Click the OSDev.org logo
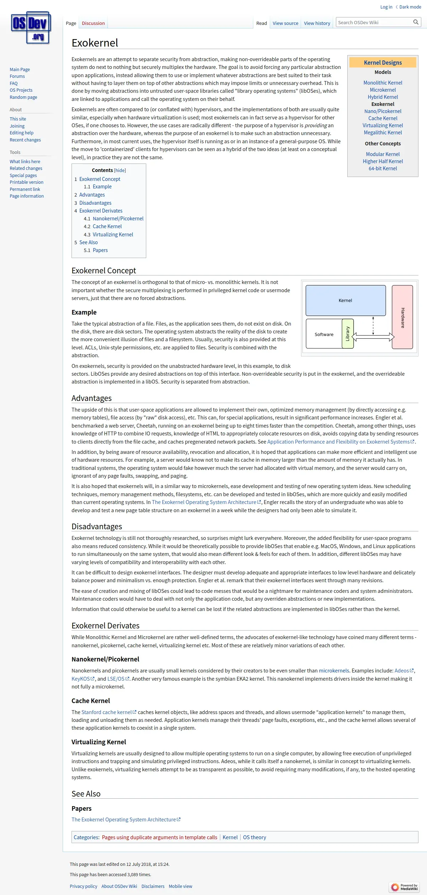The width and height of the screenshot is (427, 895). coord(31,28)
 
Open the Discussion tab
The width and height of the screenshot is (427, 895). coord(93,23)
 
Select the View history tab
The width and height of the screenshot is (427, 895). coord(317,23)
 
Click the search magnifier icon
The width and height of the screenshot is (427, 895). coord(416,22)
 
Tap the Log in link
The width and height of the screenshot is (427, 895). coord(386,7)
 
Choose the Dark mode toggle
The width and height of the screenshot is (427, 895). coord(408,7)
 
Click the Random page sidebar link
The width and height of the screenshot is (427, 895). coord(23,97)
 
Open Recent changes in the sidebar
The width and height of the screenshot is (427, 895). coord(25,140)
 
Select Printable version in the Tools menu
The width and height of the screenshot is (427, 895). coord(27,182)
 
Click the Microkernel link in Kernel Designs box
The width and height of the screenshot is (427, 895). coord(383,90)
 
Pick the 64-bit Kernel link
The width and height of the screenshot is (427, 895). coord(383,168)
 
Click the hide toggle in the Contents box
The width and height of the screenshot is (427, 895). coord(120,170)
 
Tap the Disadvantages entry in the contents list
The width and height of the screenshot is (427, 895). coord(95,203)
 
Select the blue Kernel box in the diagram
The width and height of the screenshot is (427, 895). coord(346,300)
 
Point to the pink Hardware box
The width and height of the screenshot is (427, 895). coord(402,317)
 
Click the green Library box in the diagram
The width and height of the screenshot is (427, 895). coord(348,333)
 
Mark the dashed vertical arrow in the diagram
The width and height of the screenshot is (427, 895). coord(373,325)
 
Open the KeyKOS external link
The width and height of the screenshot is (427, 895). coord(81,679)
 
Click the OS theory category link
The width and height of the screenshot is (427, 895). coord(254,837)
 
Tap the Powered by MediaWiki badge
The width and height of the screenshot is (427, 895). coord(405,887)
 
